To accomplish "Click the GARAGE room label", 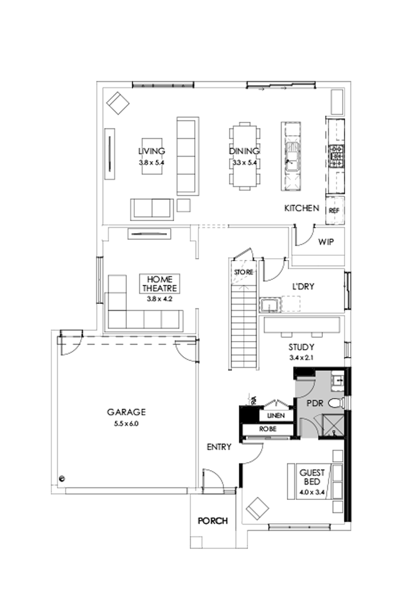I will tap(126, 411).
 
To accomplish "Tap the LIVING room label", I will tap(151, 151).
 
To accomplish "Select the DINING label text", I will tap(245, 151).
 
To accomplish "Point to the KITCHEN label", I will tap(302, 209).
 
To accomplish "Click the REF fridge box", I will tap(334, 210).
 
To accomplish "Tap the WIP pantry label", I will tap(326, 242).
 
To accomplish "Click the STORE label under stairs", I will tap(243, 272).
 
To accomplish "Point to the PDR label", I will tap(315, 403).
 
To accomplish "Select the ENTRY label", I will tap(219, 447).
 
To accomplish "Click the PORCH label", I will tap(213, 521).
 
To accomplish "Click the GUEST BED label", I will tap(312, 476).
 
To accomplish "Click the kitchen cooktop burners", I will tap(336, 153).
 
